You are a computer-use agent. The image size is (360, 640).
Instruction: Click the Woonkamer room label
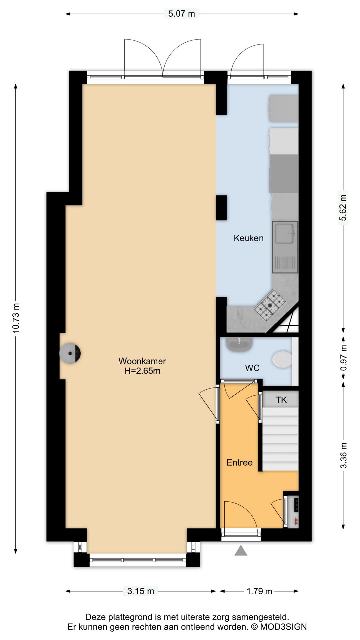coord(142,361)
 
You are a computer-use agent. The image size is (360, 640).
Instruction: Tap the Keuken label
coord(249,238)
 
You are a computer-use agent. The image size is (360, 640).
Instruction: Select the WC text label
coord(252,368)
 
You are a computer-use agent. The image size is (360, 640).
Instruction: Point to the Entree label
coord(239,462)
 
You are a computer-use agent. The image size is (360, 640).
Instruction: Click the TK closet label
coord(281,400)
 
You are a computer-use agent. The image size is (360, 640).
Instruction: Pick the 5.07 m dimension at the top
coord(181,14)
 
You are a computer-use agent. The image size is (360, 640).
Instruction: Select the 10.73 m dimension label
coord(16,318)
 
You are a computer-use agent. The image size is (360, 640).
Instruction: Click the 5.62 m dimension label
coord(343,208)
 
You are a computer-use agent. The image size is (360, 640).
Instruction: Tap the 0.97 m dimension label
coord(344,358)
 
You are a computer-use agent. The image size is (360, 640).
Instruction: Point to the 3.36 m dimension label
coord(344,455)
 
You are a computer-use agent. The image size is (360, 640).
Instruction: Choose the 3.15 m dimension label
coord(141,591)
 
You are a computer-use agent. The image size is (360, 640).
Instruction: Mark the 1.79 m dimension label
coord(259,591)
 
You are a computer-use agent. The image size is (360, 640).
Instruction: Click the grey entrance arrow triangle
coord(241,550)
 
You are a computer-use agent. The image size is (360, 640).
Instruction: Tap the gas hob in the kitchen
coord(270,305)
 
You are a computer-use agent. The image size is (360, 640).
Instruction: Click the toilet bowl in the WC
coord(282,359)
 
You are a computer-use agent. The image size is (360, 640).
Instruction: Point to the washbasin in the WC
coord(239,344)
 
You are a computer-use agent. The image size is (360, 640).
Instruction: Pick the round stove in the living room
coord(70,353)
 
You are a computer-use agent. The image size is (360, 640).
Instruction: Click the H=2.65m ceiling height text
coord(142,371)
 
